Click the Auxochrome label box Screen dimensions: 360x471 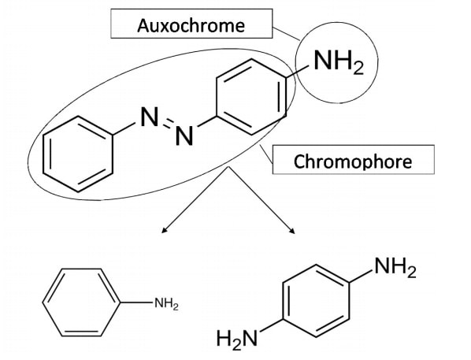tap(191, 25)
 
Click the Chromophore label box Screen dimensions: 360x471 tap(353, 161)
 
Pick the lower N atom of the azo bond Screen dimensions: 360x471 tap(183, 138)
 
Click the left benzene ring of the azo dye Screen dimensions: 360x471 tap(76, 156)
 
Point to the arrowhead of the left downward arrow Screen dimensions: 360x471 tap(164, 232)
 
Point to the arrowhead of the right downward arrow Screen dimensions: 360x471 tap(293, 232)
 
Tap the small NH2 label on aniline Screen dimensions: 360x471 tap(165, 304)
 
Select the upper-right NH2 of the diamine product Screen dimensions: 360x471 tap(394, 269)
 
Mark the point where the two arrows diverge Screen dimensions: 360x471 tap(228, 167)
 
